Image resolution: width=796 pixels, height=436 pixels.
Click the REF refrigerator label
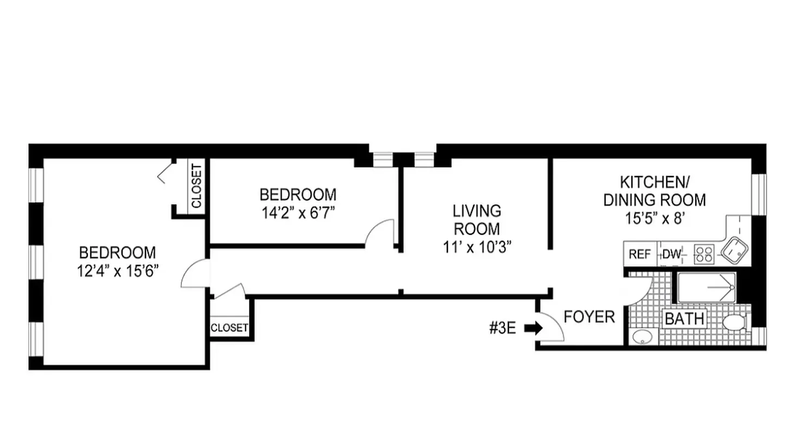[640, 255]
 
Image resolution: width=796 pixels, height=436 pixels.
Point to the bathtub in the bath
[706, 288]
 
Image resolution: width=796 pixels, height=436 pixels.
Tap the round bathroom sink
[642, 337]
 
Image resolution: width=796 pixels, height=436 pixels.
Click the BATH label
[685, 319]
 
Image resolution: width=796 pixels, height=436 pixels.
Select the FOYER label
[589, 317]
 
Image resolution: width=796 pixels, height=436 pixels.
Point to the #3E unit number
[502, 328]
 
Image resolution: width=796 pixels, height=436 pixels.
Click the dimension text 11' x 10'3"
[477, 247]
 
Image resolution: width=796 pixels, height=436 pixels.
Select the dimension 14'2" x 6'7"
[297, 211]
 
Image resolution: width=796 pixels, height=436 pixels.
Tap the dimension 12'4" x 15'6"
[117, 270]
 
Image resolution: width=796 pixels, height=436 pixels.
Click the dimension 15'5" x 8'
[654, 219]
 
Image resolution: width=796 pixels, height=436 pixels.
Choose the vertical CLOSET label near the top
[196, 186]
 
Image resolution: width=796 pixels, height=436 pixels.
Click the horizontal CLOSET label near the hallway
[229, 328]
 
